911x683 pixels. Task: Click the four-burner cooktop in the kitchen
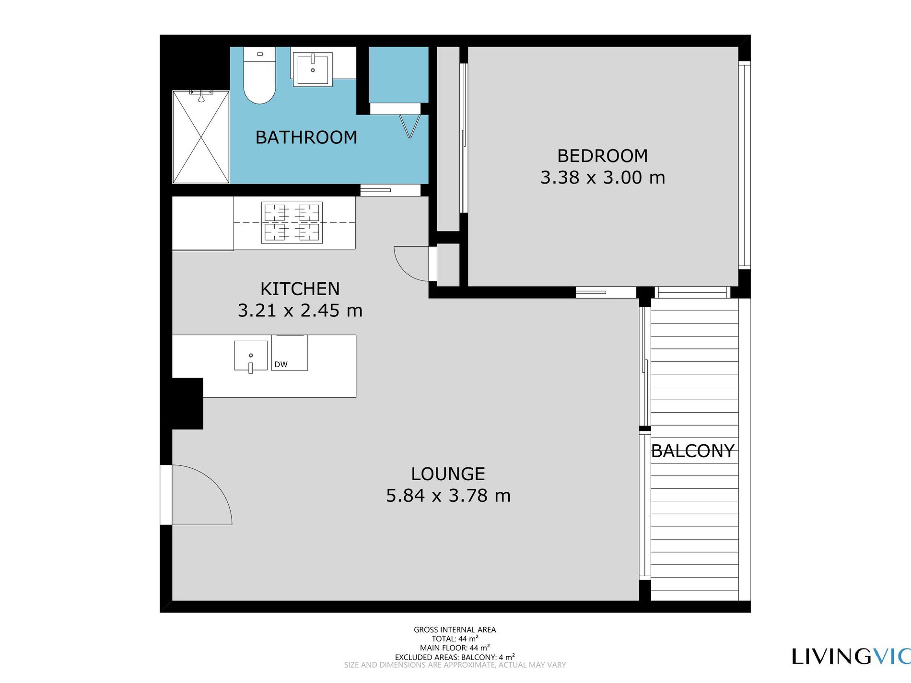[x=292, y=222]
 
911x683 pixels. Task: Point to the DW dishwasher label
[x=281, y=365]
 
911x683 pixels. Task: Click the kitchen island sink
[x=250, y=356]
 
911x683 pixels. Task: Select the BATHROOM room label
[x=306, y=138]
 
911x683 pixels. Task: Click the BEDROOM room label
[x=602, y=156]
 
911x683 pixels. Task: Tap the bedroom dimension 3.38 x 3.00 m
[x=602, y=178]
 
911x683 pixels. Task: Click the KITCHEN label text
[x=300, y=289]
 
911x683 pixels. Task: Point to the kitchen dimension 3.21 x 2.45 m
[x=300, y=311]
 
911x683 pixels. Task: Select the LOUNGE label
[x=448, y=474]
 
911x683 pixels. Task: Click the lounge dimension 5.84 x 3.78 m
[x=448, y=496]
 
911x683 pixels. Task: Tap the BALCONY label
[x=692, y=451]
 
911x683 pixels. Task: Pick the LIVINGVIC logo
[x=851, y=657]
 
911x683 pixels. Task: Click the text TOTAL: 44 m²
[x=455, y=639]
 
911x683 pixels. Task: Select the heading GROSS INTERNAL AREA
[x=455, y=630]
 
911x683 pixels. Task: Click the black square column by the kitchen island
[x=187, y=404]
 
